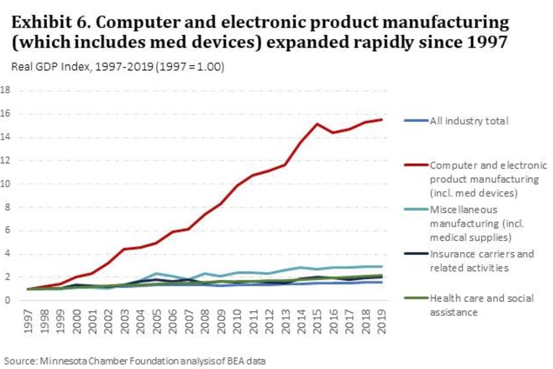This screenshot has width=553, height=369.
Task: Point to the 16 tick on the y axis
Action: point(5,114)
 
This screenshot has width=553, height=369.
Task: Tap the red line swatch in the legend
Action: point(416,166)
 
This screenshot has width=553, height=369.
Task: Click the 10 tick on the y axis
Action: point(5,184)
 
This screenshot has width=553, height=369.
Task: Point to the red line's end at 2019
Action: point(381,120)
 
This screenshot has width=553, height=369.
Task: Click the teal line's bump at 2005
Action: point(156,274)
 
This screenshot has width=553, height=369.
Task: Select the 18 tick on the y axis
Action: point(5,90)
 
